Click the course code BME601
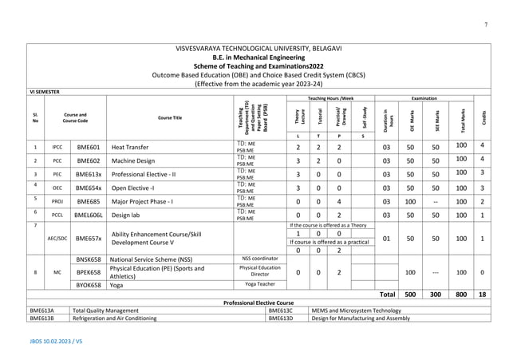coord(88,147)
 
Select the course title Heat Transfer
coord(132,148)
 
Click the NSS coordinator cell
coord(259,259)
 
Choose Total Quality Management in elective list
coord(105,311)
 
